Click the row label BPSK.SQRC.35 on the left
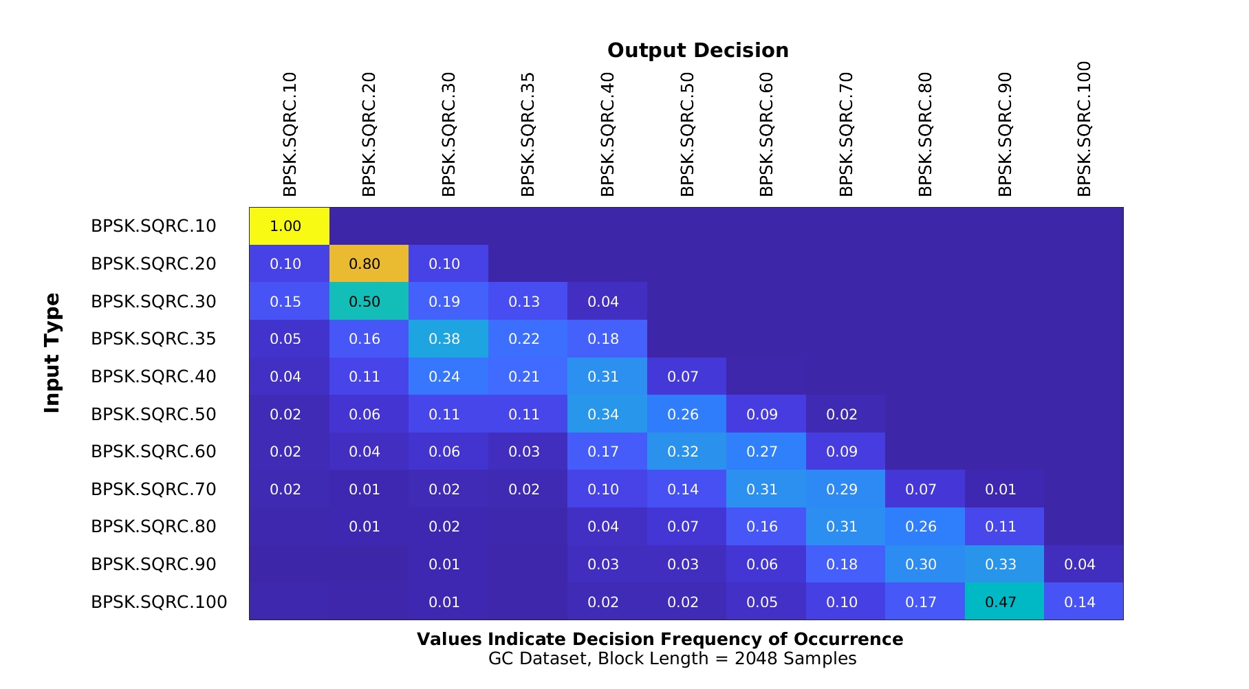(x=153, y=339)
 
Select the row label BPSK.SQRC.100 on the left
(x=159, y=602)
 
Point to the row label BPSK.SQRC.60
(x=153, y=452)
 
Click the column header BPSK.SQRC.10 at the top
(x=290, y=134)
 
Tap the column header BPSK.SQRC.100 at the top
(x=1084, y=129)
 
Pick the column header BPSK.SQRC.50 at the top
(x=687, y=134)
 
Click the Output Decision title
(x=697, y=51)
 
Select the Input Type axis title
(x=52, y=353)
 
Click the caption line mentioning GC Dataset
(x=672, y=659)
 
